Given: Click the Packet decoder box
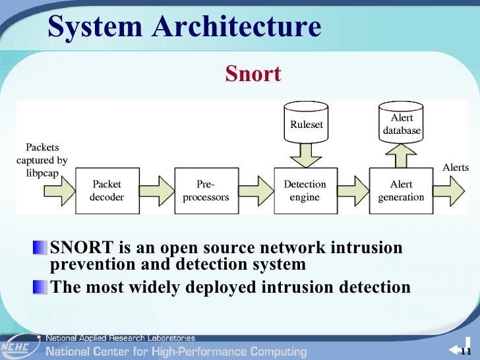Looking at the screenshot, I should pos(107,191).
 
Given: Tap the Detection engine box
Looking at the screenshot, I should pos(305,191).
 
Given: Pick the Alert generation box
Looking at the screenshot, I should pos(401,191).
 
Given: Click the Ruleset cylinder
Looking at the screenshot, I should pos(307,123).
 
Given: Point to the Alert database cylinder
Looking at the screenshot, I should pos(402,123).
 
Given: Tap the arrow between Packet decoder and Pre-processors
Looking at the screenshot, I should pos(157,191).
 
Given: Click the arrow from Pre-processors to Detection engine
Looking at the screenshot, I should pos(256,191).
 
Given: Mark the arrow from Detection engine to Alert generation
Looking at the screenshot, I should pos(353,191).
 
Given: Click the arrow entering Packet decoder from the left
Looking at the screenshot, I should pos(58,191).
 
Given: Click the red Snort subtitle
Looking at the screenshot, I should pos(253,74).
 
